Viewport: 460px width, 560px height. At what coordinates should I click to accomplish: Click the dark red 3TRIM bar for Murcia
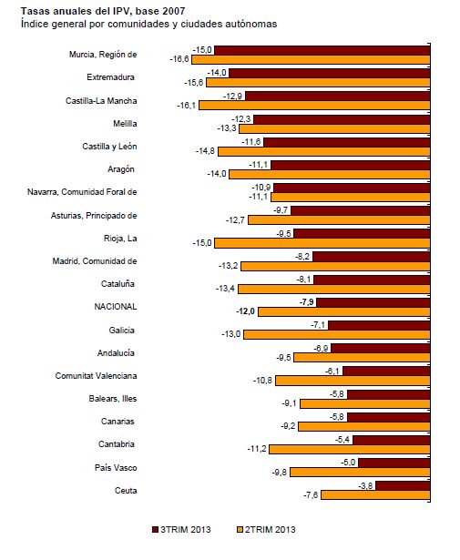pos(322,50)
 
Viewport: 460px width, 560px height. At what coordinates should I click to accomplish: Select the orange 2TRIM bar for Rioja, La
pos(322,243)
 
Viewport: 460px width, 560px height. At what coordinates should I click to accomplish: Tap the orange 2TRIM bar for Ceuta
pos(375,495)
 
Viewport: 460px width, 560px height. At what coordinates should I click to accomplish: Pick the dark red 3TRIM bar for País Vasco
pos(394,463)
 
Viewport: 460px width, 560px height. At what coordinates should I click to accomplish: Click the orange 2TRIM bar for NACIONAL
pos(344,311)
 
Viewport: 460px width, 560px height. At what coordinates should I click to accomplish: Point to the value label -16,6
pos(179,59)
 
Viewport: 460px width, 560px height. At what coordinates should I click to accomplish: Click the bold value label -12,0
pos(245,311)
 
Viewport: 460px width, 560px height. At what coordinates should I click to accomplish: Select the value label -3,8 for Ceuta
pos(365,485)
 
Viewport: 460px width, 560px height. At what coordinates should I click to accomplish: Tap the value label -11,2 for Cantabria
pos(257,449)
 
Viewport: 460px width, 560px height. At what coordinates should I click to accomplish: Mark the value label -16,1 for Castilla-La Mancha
pos(187,105)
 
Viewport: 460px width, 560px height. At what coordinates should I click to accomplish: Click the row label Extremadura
pos(111,77)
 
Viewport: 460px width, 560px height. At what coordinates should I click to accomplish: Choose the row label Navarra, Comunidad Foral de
pos(82,192)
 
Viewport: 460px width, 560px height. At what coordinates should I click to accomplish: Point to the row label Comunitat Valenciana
pos(96,376)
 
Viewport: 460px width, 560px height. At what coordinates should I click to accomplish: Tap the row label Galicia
pos(122,330)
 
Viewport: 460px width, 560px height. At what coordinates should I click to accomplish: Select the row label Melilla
pos(125,124)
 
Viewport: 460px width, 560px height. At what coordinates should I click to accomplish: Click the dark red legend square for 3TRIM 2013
pos(156,529)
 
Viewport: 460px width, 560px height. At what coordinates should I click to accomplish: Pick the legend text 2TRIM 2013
pos(271,529)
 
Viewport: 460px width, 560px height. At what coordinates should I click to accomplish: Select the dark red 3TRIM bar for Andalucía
pos(381,348)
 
